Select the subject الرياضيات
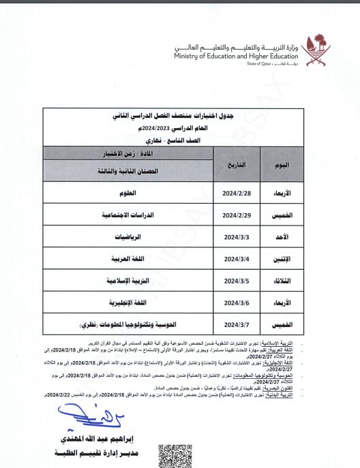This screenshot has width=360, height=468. (128, 237)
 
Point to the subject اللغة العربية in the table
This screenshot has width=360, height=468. (128, 259)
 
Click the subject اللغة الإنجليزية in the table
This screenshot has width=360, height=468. (128, 302)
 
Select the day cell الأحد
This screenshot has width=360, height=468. (298, 237)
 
